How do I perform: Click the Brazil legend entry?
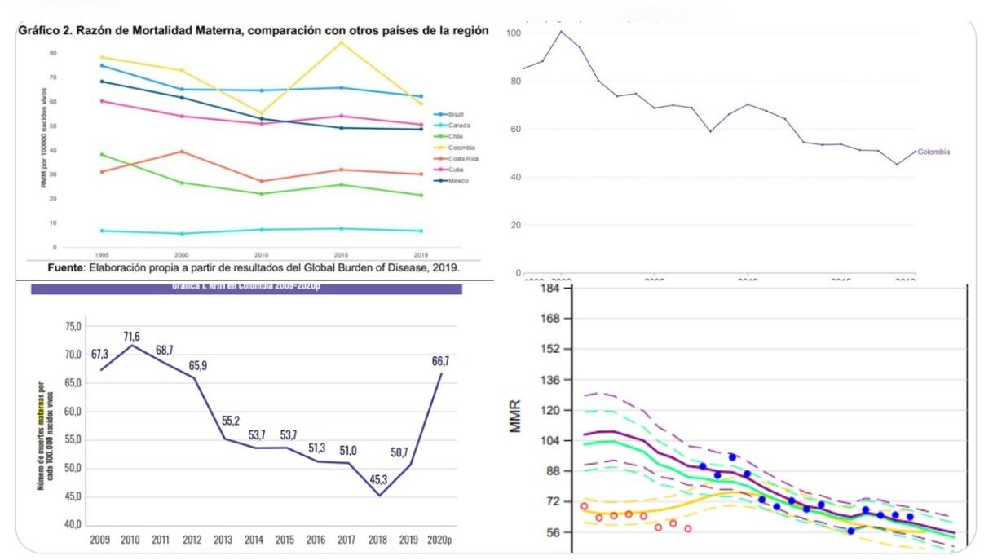(456, 114)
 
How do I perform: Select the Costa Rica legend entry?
(462, 158)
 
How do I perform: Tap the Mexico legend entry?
(458, 180)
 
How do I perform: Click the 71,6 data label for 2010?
(132, 337)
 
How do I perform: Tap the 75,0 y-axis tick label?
(73, 327)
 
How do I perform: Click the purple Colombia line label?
(933, 152)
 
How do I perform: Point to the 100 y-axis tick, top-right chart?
(514, 33)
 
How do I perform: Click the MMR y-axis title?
(515, 416)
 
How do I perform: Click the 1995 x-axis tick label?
(102, 254)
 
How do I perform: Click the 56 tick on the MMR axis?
(552, 532)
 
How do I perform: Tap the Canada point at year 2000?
(182, 234)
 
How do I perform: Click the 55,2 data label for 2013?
(231, 421)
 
